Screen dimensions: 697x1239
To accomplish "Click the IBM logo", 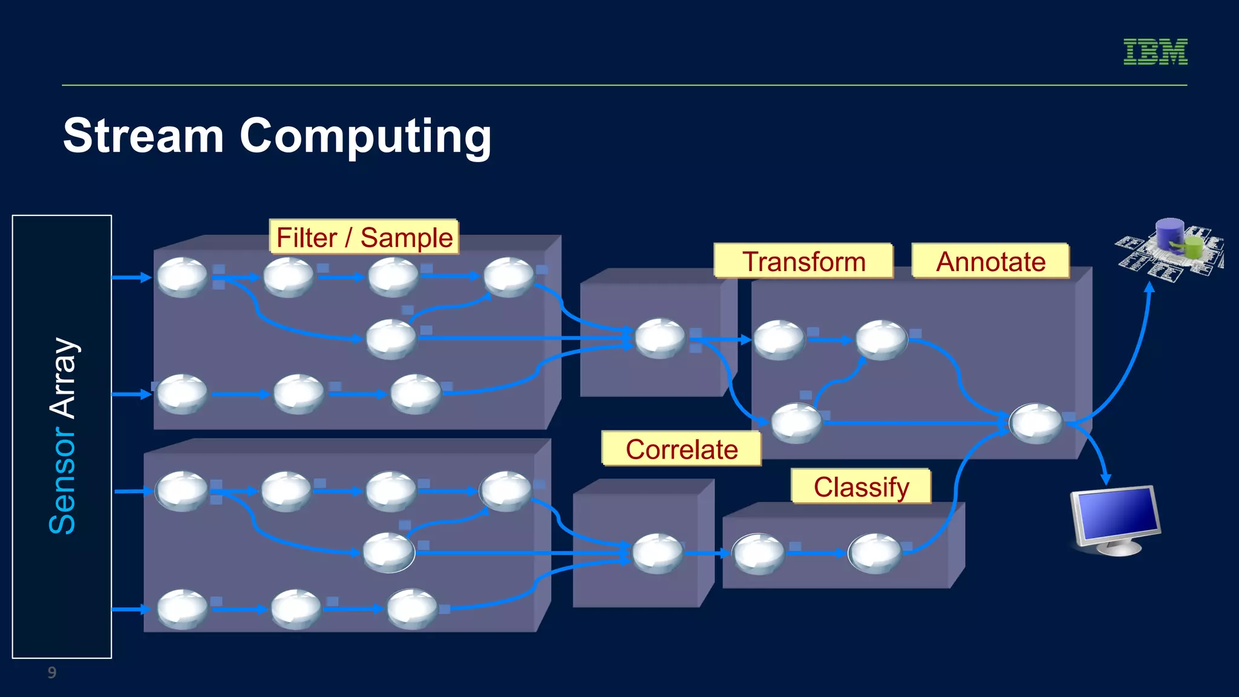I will tap(1155, 51).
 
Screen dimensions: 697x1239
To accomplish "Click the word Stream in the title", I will tap(143, 136).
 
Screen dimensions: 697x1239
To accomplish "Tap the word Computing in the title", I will tap(365, 137).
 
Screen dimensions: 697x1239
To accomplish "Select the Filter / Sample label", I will tap(364, 237).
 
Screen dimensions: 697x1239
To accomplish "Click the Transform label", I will tap(803, 261).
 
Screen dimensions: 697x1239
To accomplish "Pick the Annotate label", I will tap(990, 261).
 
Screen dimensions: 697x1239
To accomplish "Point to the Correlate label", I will tap(681, 449).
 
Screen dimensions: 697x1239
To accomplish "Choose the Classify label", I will tap(861, 486).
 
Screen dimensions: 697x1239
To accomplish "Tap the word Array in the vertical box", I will tap(62, 378).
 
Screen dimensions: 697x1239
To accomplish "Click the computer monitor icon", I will tap(1115, 519).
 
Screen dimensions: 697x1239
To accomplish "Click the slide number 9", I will tap(52, 672).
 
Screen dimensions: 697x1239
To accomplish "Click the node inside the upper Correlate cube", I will tap(660, 338).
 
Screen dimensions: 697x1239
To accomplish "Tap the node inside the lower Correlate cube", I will tap(657, 553).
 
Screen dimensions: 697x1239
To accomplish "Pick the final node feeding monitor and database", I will tap(1036, 424).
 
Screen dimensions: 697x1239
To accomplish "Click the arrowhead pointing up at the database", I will tap(1149, 288).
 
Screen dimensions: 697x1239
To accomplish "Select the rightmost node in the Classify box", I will tap(874, 553).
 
